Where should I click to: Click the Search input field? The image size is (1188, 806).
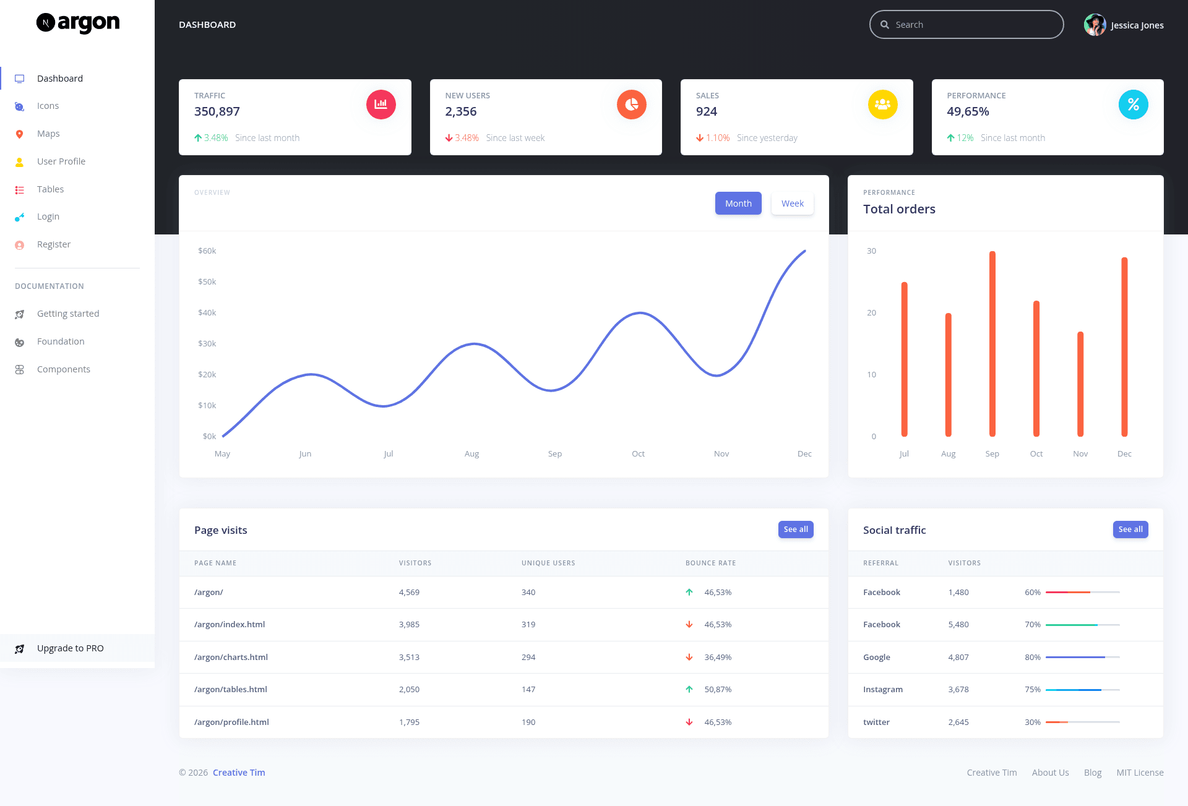coord(966,25)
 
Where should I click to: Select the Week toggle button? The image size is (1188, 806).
coord(793,204)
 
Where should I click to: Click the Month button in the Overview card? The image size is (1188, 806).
coord(738,204)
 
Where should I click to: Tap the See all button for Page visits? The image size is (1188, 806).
coord(796,529)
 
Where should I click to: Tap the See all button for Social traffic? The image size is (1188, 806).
coord(1130,529)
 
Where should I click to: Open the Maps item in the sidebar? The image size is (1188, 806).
coord(48,134)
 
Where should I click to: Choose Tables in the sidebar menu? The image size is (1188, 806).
coord(50,189)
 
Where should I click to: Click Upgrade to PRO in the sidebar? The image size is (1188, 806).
coord(71,648)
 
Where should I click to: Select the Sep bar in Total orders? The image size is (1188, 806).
coord(992,344)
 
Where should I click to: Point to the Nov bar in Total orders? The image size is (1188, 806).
coord(1080,384)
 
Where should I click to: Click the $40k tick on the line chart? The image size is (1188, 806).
coord(207,313)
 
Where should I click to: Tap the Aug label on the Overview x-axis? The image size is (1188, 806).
coord(471,454)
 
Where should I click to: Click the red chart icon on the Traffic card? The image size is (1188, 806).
coord(381,105)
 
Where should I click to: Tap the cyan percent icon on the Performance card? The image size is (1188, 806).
coord(1134,105)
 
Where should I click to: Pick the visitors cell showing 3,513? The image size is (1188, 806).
coord(409,658)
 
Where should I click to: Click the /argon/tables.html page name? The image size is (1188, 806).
coord(231,690)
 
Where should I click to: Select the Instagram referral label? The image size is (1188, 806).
coord(883,690)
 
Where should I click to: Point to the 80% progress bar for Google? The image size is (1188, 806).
coord(1083,658)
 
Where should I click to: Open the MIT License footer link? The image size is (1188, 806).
coord(1140,773)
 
